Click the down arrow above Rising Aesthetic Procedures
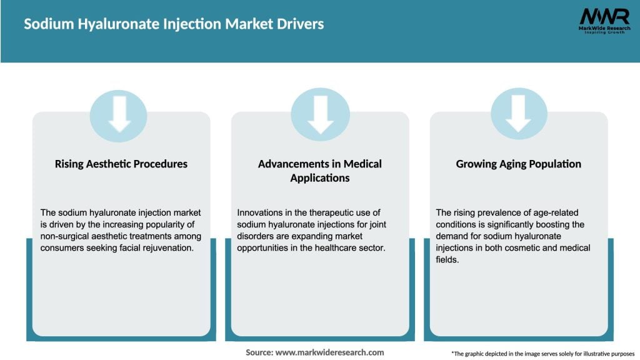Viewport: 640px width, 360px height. tap(119, 114)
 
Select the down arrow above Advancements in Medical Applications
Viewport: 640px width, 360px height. tap(320, 114)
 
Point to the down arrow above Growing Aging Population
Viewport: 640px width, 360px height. tap(518, 114)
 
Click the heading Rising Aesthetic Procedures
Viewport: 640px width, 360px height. tap(121, 164)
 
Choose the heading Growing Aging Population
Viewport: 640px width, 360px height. tap(519, 164)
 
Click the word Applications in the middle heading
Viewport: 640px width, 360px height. tap(320, 178)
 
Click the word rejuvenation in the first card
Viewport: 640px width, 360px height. tap(172, 247)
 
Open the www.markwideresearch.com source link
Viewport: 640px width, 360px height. tap(329, 352)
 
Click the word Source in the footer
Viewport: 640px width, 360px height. tap(258, 352)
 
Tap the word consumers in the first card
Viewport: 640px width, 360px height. tap(61, 247)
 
